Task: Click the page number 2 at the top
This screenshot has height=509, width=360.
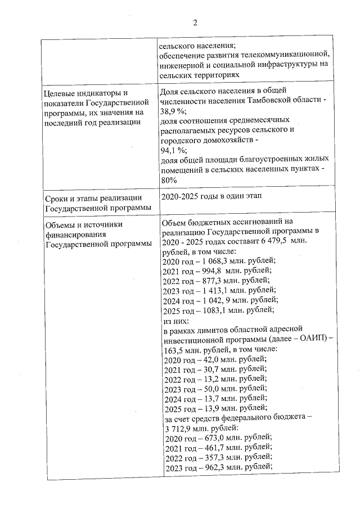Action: point(195,23)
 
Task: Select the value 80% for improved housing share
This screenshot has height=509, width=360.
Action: point(169,180)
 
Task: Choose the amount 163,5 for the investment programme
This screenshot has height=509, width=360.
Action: point(172,349)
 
